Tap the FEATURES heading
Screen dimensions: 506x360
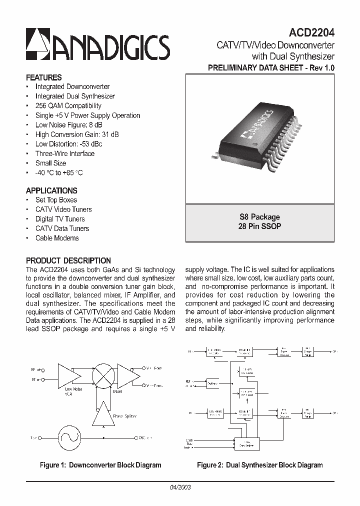pyautogui.click(x=43, y=77)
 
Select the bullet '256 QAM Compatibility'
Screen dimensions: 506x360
pyautogui.click(x=68, y=106)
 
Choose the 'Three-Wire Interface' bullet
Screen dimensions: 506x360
pyautogui.click(x=64, y=153)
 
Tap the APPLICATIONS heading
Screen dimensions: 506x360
pyautogui.click(x=51, y=190)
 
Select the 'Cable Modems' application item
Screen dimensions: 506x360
pyautogui.click(x=57, y=238)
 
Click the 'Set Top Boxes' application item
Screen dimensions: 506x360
pyautogui.click(x=56, y=200)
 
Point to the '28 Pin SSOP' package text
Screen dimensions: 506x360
pyautogui.click(x=259, y=226)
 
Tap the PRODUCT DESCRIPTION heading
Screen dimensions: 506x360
pyautogui.click(x=68, y=260)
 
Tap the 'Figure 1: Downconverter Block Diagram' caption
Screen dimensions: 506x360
pyautogui.click(x=100, y=465)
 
